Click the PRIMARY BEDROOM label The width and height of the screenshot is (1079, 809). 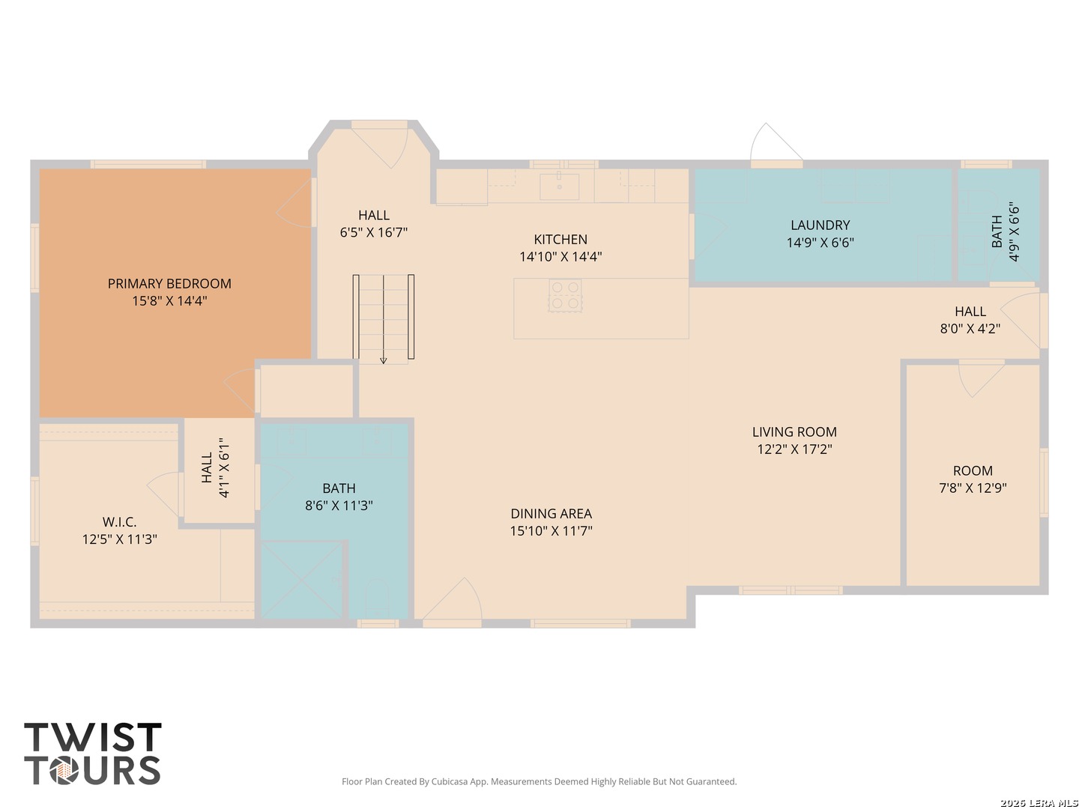169,283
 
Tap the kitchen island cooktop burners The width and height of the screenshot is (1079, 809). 565,296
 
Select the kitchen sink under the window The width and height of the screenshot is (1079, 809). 559,186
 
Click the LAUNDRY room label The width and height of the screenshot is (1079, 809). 820,225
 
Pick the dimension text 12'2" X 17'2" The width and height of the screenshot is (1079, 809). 794,449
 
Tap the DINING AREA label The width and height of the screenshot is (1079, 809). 551,514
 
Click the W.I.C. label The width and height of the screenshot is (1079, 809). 119,521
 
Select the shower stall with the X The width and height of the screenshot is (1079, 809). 301,579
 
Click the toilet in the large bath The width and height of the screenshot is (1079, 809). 377,599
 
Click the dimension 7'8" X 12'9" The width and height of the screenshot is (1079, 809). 973,488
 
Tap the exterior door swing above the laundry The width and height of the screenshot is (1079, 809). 776,142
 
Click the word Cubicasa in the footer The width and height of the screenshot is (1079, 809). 450,781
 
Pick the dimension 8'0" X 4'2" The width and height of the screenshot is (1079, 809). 970,329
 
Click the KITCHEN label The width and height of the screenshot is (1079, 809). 560,239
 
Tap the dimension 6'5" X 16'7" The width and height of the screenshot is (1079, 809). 374,232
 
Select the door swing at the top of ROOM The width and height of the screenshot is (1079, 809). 982,378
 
